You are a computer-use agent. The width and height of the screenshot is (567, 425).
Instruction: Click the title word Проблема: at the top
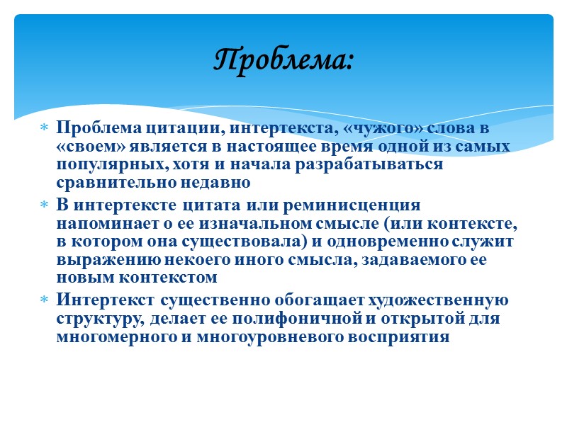point(283,59)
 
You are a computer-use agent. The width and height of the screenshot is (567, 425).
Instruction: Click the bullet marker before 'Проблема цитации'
point(44,129)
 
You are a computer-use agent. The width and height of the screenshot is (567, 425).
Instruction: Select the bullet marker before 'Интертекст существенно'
point(44,300)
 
